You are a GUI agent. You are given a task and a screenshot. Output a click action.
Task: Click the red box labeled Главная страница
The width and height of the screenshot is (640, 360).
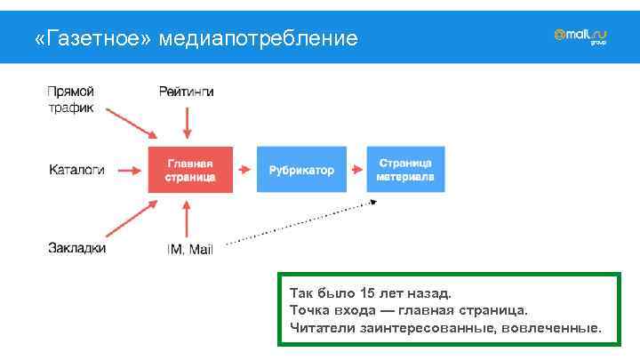point(189,170)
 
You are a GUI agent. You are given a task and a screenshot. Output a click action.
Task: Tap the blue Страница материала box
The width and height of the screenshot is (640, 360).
point(404,170)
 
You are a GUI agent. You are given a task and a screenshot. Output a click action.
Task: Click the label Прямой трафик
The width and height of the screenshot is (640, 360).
point(70,99)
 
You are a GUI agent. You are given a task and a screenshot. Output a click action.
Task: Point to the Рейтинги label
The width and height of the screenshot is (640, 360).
point(186,92)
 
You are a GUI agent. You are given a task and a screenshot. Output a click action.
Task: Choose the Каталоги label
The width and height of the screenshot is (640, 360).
point(76,169)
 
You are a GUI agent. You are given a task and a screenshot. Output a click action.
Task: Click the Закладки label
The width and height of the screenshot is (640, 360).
point(76,248)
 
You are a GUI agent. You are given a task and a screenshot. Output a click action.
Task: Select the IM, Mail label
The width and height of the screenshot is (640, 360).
point(189,249)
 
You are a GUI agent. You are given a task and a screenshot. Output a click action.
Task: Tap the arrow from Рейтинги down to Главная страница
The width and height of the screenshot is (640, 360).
point(187,121)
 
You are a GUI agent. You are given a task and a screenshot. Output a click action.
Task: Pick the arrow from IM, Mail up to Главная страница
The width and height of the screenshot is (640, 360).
point(187,218)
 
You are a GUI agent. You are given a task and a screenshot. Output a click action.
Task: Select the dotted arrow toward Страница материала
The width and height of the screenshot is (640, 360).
point(302,222)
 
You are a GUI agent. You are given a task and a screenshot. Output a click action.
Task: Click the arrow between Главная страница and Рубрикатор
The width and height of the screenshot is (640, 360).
point(244,170)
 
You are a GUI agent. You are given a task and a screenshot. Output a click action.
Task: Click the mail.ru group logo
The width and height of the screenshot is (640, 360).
point(580,36)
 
